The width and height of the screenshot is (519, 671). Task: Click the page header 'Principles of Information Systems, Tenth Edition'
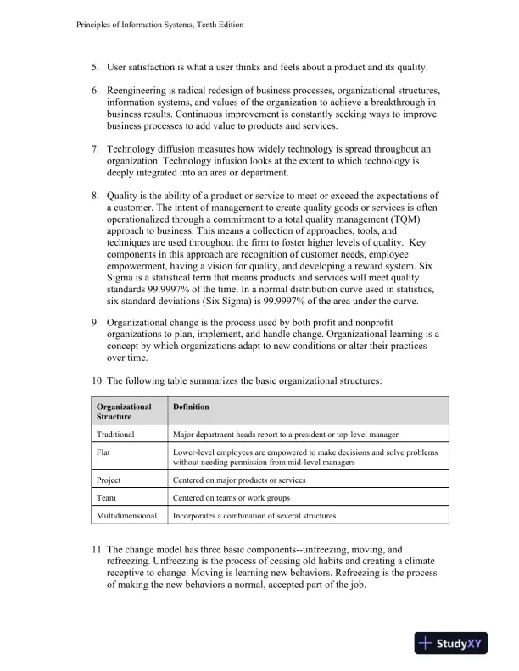click(x=154, y=25)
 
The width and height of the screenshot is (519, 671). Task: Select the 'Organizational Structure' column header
click(x=124, y=412)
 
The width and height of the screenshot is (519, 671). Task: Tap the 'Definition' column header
click(x=192, y=407)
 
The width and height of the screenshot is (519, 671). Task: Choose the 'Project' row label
click(x=109, y=480)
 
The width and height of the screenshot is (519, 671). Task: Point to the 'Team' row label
click(x=107, y=497)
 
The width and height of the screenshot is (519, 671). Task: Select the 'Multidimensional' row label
click(x=130, y=515)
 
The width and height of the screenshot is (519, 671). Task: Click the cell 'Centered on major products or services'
click(x=239, y=480)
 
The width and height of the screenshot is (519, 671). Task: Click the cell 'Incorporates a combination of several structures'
click(x=254, y=515)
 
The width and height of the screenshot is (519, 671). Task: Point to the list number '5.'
click(x=96, y=67)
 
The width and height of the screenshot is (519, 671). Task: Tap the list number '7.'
click(x=96, y=149)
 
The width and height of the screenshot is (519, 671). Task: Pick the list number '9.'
click(x=96, y=323)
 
